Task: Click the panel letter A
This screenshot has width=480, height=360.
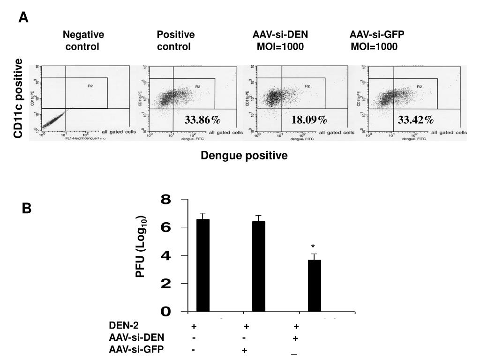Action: (x=23, y=18)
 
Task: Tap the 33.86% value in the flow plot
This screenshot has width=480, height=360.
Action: (x=202, y=120)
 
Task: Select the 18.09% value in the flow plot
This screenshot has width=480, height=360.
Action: (x=309, y=120)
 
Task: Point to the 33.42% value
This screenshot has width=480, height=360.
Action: (x=416, y=120)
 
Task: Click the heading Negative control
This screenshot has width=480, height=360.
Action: (x=83, y=41)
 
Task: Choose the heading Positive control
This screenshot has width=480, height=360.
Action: (x=175, y=41)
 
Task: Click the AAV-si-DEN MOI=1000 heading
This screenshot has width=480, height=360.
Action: (x=280, y=41)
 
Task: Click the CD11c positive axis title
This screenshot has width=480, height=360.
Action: (x=18, y=98)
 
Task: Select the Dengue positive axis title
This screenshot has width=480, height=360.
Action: (x=244, y=156)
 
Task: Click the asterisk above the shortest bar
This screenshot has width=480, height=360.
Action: (x=312, y=247)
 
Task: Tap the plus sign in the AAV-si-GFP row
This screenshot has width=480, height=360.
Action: (x=244, y=351)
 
